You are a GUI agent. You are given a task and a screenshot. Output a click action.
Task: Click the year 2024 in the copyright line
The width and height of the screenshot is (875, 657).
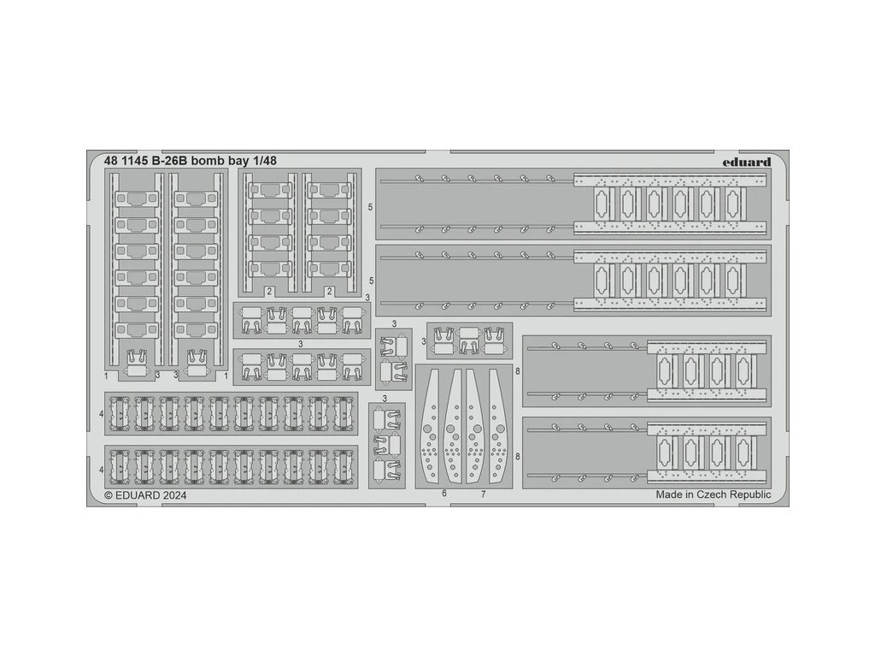pos(172,494)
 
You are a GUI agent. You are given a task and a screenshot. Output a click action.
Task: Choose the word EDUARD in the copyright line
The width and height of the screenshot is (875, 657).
pos(135,494)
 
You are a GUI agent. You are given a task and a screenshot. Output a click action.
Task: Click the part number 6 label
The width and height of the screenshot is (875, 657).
pos(445,494)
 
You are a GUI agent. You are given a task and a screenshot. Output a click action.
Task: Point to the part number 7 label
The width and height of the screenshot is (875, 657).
pos(483,494)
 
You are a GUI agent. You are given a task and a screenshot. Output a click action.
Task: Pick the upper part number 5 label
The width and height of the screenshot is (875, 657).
pos(370,207)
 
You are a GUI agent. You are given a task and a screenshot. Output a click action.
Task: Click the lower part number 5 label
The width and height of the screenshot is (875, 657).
pos(370,281)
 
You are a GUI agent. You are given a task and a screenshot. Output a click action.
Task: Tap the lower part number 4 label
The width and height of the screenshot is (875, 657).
pos(101,470)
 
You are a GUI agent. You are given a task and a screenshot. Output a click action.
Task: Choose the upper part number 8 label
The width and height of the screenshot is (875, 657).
pos(518,370)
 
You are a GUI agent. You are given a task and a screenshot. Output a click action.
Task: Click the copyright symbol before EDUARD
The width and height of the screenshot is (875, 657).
pos(109,494)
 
